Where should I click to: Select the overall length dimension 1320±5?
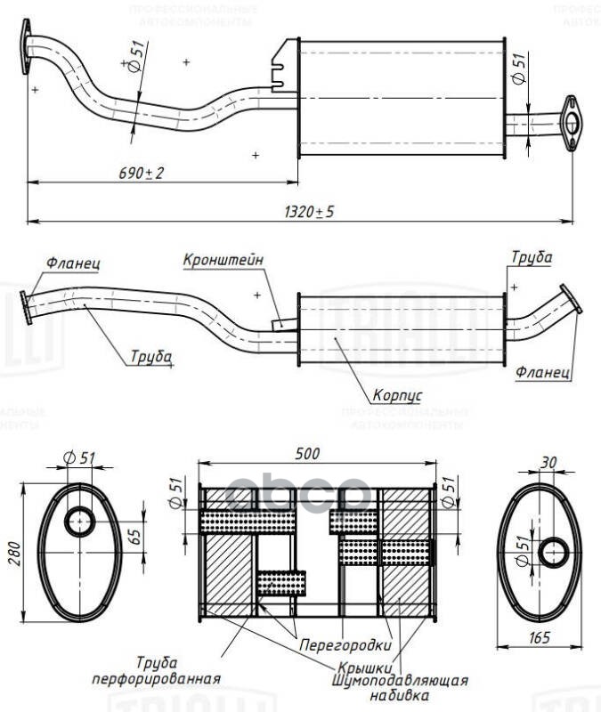[308, 212]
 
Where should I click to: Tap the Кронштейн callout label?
[223, 261]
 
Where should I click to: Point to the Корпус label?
[397, 392]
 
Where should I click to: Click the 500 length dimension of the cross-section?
[307, 454]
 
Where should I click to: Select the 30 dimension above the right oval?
[549, 463]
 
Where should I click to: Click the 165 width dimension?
[540, 637]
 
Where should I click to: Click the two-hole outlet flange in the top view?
[571, 124]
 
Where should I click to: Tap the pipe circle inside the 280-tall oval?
[80, 522]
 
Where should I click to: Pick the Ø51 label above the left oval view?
[80, 458]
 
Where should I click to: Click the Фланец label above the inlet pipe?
[73, 264]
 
